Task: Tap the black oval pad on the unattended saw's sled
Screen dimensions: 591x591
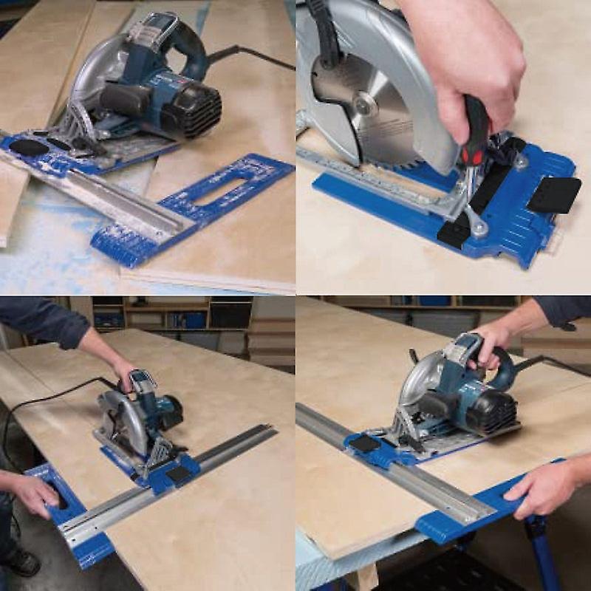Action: click(x=29, y=146)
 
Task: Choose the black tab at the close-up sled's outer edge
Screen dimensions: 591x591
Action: click(x=554, y=194)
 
